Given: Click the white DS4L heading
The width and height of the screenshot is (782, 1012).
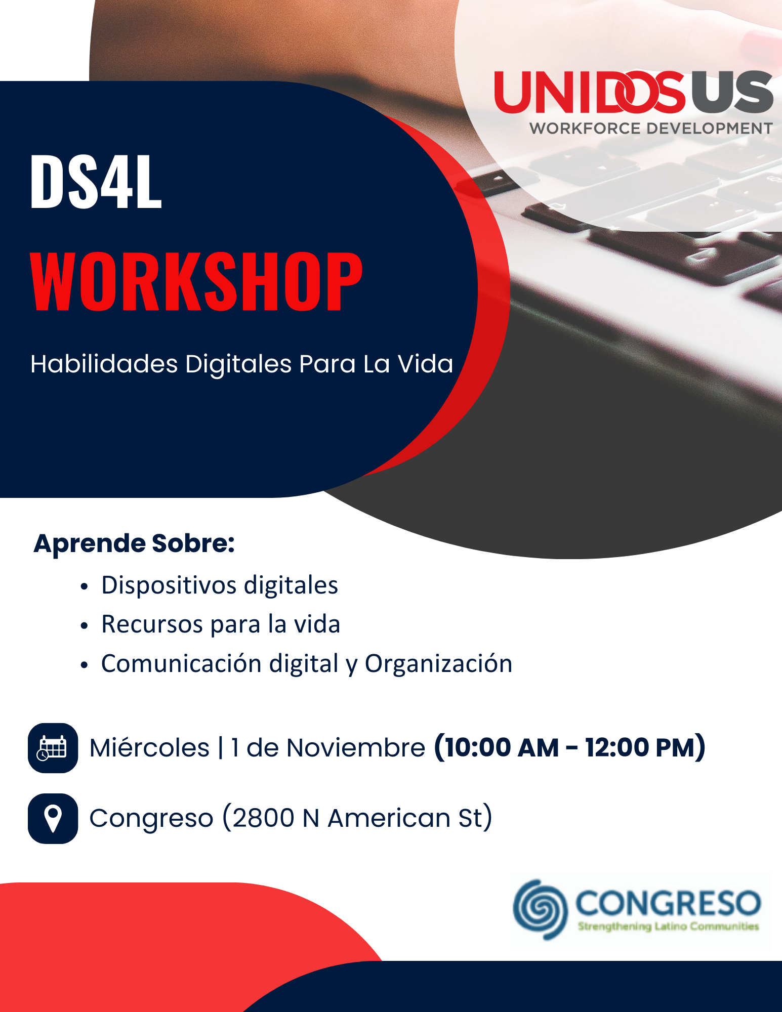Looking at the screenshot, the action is [96, 181].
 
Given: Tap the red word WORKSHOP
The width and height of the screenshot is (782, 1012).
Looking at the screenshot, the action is [196, 281].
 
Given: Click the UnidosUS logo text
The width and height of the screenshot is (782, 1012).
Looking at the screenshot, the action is [634, 92].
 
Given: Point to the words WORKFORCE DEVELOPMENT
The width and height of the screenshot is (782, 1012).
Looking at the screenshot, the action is [651, 129].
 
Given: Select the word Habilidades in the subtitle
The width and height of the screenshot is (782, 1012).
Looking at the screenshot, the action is [104, 364].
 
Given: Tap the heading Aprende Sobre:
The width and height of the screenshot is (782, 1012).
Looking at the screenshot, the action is [134, 544].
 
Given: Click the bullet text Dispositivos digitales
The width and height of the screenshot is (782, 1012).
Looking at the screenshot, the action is [220, 586].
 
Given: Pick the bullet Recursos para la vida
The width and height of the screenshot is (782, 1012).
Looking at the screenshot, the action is [221, 624].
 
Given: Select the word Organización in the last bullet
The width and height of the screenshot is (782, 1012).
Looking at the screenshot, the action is [439, 663].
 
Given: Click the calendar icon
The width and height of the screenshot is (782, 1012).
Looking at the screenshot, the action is [53, 748].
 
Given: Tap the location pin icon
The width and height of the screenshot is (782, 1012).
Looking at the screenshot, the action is [53, 819].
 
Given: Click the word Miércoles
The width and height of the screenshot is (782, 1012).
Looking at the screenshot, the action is [149, 747].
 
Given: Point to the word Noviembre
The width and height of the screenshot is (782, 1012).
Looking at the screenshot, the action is [356, 748].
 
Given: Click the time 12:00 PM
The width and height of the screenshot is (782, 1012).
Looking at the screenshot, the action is [641, 747].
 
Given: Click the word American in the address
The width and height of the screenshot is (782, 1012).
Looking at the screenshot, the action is [389, 818].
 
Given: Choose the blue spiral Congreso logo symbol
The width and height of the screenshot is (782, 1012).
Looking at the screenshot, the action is [540, 909].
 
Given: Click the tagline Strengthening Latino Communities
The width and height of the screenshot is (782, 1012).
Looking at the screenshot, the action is [669, 926].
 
